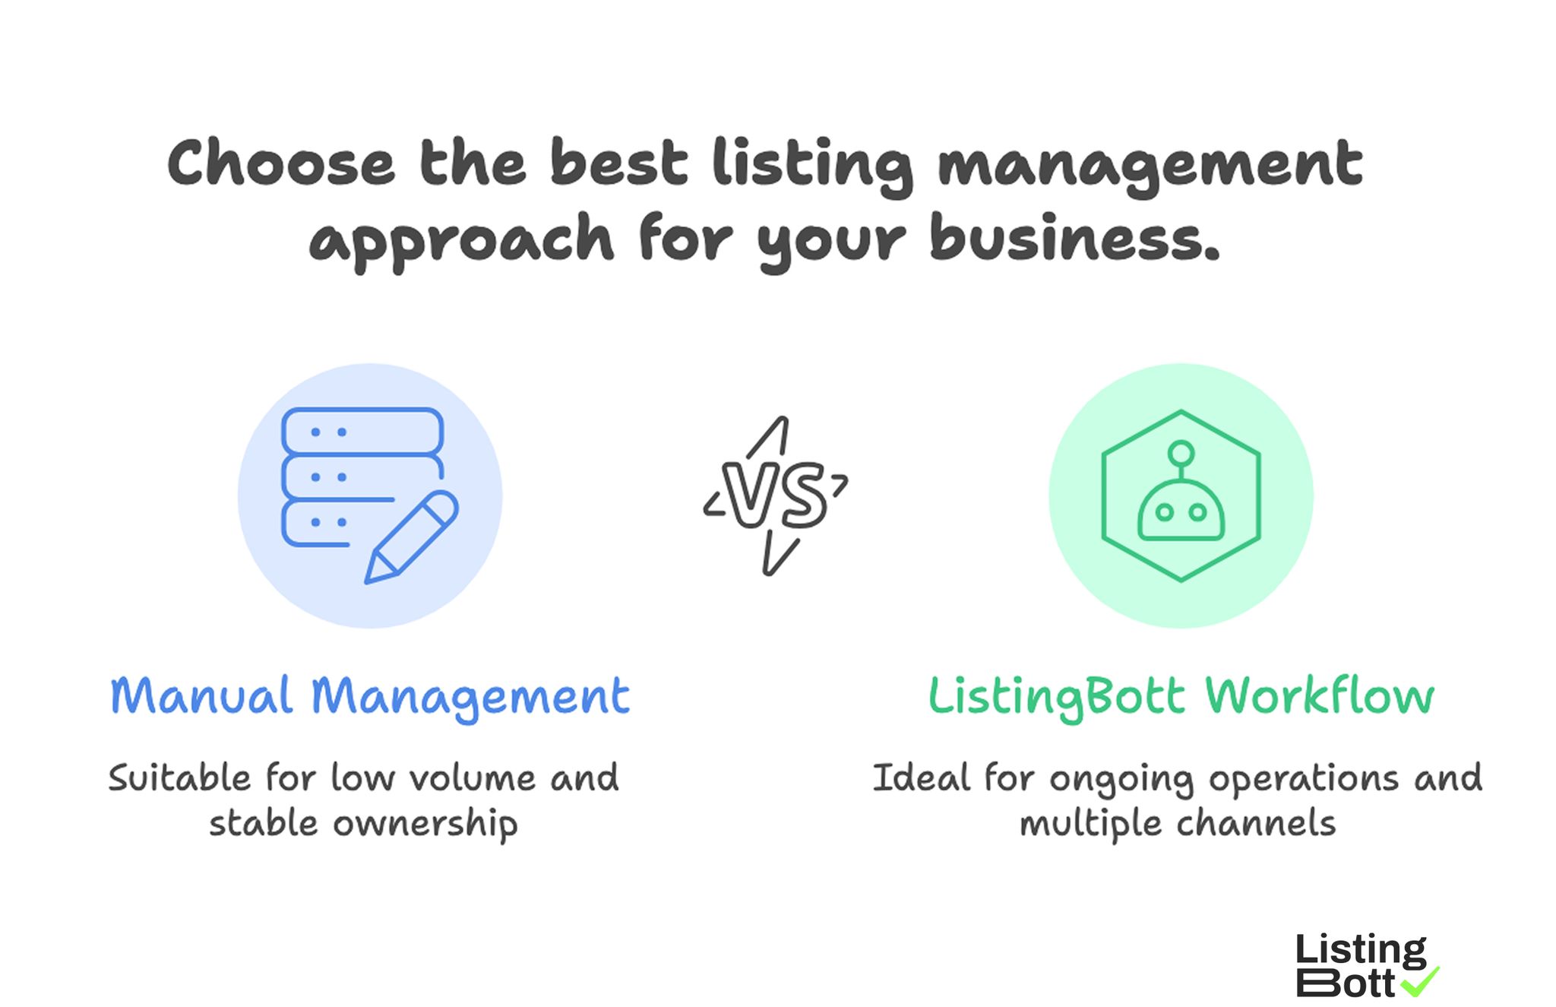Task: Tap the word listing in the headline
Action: click(811, 166)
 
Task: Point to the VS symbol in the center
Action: click(775, 496)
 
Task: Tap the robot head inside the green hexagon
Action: click(1180, 513)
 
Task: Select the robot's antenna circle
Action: click(1181, 453)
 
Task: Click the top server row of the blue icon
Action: click(362, 432)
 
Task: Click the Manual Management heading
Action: click(370, 696)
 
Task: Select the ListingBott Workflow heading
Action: click(1181, 696)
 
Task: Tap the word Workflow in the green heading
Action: click(1319, 696)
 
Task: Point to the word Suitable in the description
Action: click(179, 778)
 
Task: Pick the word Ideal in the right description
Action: click(921, 778)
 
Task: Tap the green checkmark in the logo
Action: click(1419, 982)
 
